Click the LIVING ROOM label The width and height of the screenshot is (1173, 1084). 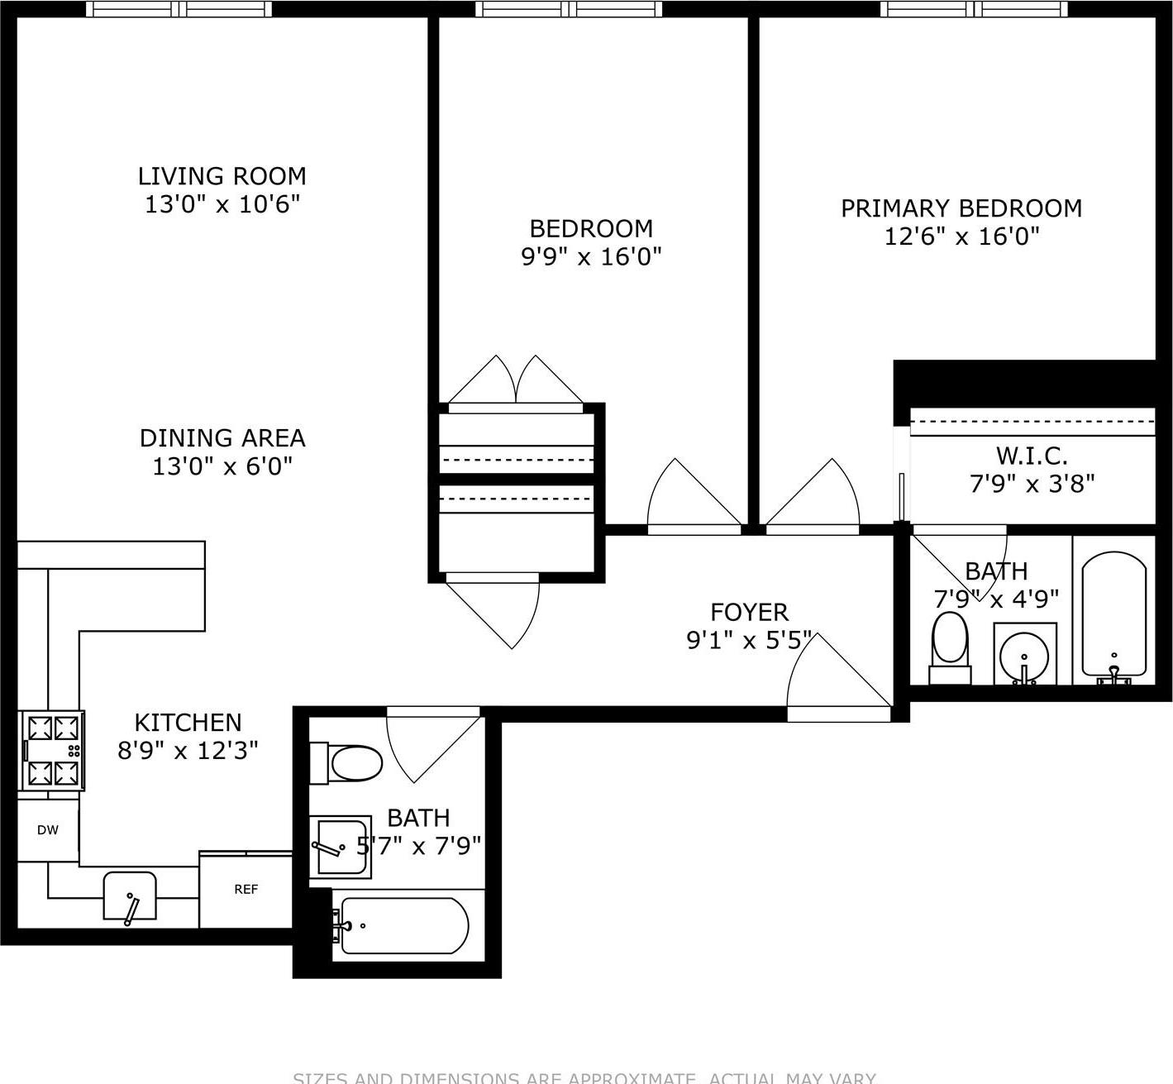[x=222, y=176]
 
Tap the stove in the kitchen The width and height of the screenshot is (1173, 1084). [x=54, y=751]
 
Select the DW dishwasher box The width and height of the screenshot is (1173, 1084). [x=48, y=830]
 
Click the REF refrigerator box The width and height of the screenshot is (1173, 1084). [x=246, y=890]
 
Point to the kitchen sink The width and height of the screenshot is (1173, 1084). [x=130, y=896]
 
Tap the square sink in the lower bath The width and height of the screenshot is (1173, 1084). [x=341, y=848]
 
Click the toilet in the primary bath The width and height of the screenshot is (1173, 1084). [x=950, y=645]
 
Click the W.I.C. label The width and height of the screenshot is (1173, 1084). [x=1031, y=456]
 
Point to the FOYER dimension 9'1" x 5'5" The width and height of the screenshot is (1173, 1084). [x=749, y=640]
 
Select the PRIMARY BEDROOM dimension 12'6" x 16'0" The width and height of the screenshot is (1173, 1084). [x=961, y=237]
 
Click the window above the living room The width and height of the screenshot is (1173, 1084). [x=180, y=9]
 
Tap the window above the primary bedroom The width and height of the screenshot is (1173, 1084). [x=974, y=9]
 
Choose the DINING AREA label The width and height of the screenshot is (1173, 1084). [x=222, y=438]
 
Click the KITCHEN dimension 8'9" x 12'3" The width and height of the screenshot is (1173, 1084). [x=188, y=751]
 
